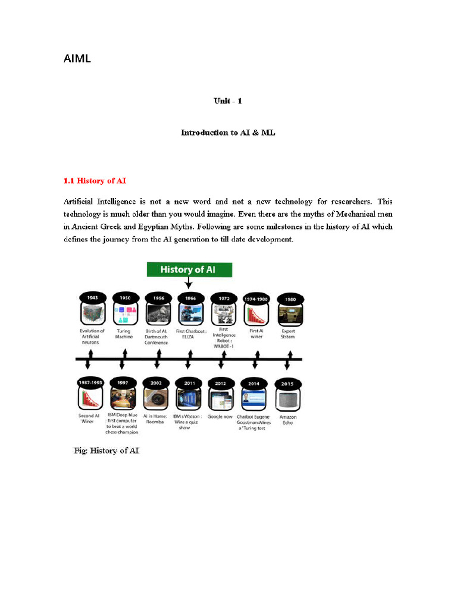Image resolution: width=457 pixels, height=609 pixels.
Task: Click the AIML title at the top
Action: coord(77,59)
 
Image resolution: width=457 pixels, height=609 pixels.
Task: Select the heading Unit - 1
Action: coord(228,101)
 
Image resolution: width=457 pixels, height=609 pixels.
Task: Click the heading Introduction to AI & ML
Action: coord(228,133)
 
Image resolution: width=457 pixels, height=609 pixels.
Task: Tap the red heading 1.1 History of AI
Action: coord(95,180)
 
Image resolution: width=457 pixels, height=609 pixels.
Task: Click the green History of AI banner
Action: coord(189,269)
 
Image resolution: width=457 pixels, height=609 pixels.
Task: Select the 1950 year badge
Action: coord(125,297)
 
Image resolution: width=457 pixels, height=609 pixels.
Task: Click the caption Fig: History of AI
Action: coord(106,451)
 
